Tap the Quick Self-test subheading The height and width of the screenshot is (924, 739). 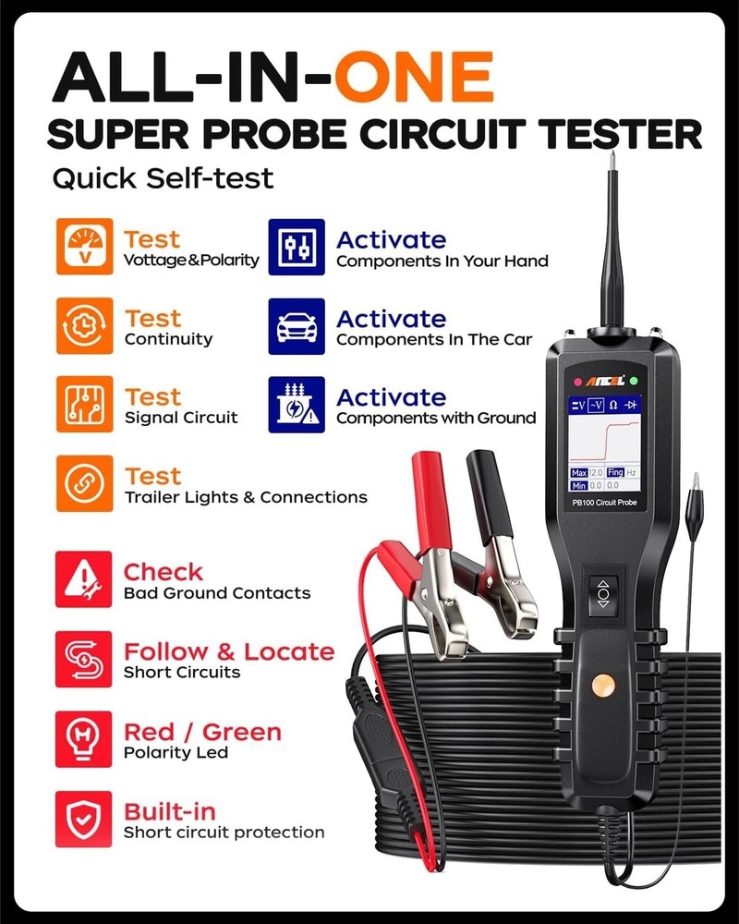pos(163,177)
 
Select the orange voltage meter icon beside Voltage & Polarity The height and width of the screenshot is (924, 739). pos(84,247)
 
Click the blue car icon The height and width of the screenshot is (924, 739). pos(297,326)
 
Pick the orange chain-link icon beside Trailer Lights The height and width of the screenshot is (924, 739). pos(84,483)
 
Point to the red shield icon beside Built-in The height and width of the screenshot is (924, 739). pos(84,819)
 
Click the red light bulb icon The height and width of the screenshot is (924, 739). pos(84,739)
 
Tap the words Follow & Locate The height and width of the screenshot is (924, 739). pos(228,651)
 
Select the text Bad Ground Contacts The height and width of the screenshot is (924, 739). pos(217,593)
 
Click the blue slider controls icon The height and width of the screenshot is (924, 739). pos(297,247)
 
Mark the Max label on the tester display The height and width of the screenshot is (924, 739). pos(579,473)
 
